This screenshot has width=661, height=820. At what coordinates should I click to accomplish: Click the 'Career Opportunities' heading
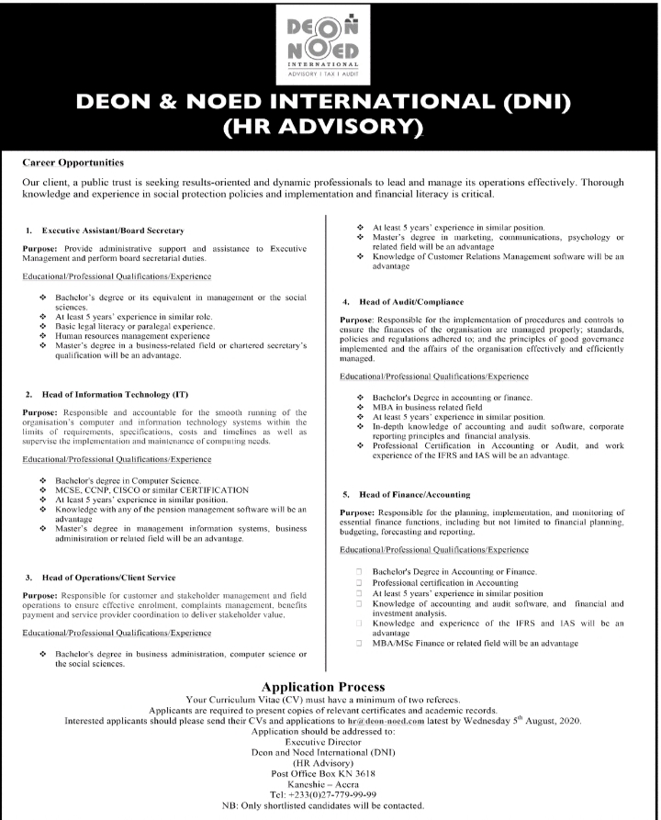pyautogui.click(x=73, y=163)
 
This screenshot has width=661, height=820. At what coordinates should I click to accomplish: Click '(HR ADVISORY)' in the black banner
pyautogui.click(x=330, y=126)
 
